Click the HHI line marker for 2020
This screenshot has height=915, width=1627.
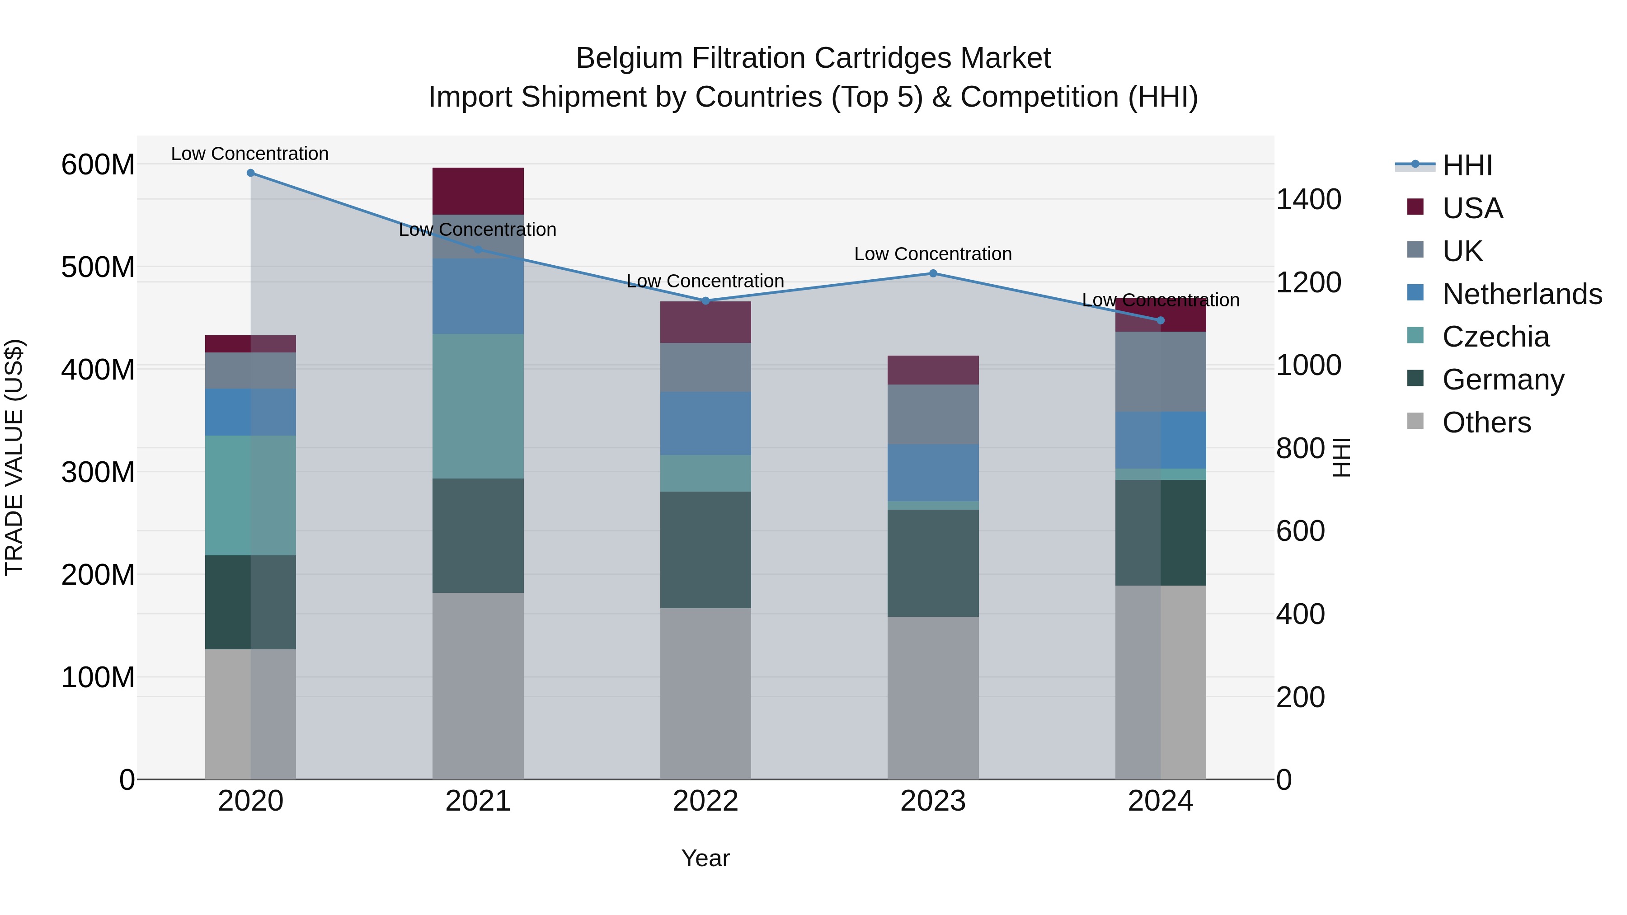point(251,173)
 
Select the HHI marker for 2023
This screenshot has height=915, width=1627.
point(933,273)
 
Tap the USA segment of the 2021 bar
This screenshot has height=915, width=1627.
point(478,191)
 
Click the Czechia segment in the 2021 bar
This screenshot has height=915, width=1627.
point(478,406)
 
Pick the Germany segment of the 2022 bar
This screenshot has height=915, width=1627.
point(705,549)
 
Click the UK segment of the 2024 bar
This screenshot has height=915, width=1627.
point(1160,371)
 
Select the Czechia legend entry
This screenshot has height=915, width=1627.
point(1495,337)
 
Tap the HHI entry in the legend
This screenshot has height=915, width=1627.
point(1467,165)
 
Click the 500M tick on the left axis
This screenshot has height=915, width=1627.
point(98,267)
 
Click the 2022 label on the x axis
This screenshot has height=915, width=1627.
point(705,801)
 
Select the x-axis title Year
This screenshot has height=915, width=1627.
point(705,858)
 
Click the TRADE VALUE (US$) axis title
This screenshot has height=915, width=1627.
point(14,457)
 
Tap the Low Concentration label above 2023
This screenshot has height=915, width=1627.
point(933,254)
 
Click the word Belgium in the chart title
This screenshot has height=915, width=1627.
point(629,58)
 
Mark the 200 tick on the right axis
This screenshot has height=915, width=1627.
point(1300,697)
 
